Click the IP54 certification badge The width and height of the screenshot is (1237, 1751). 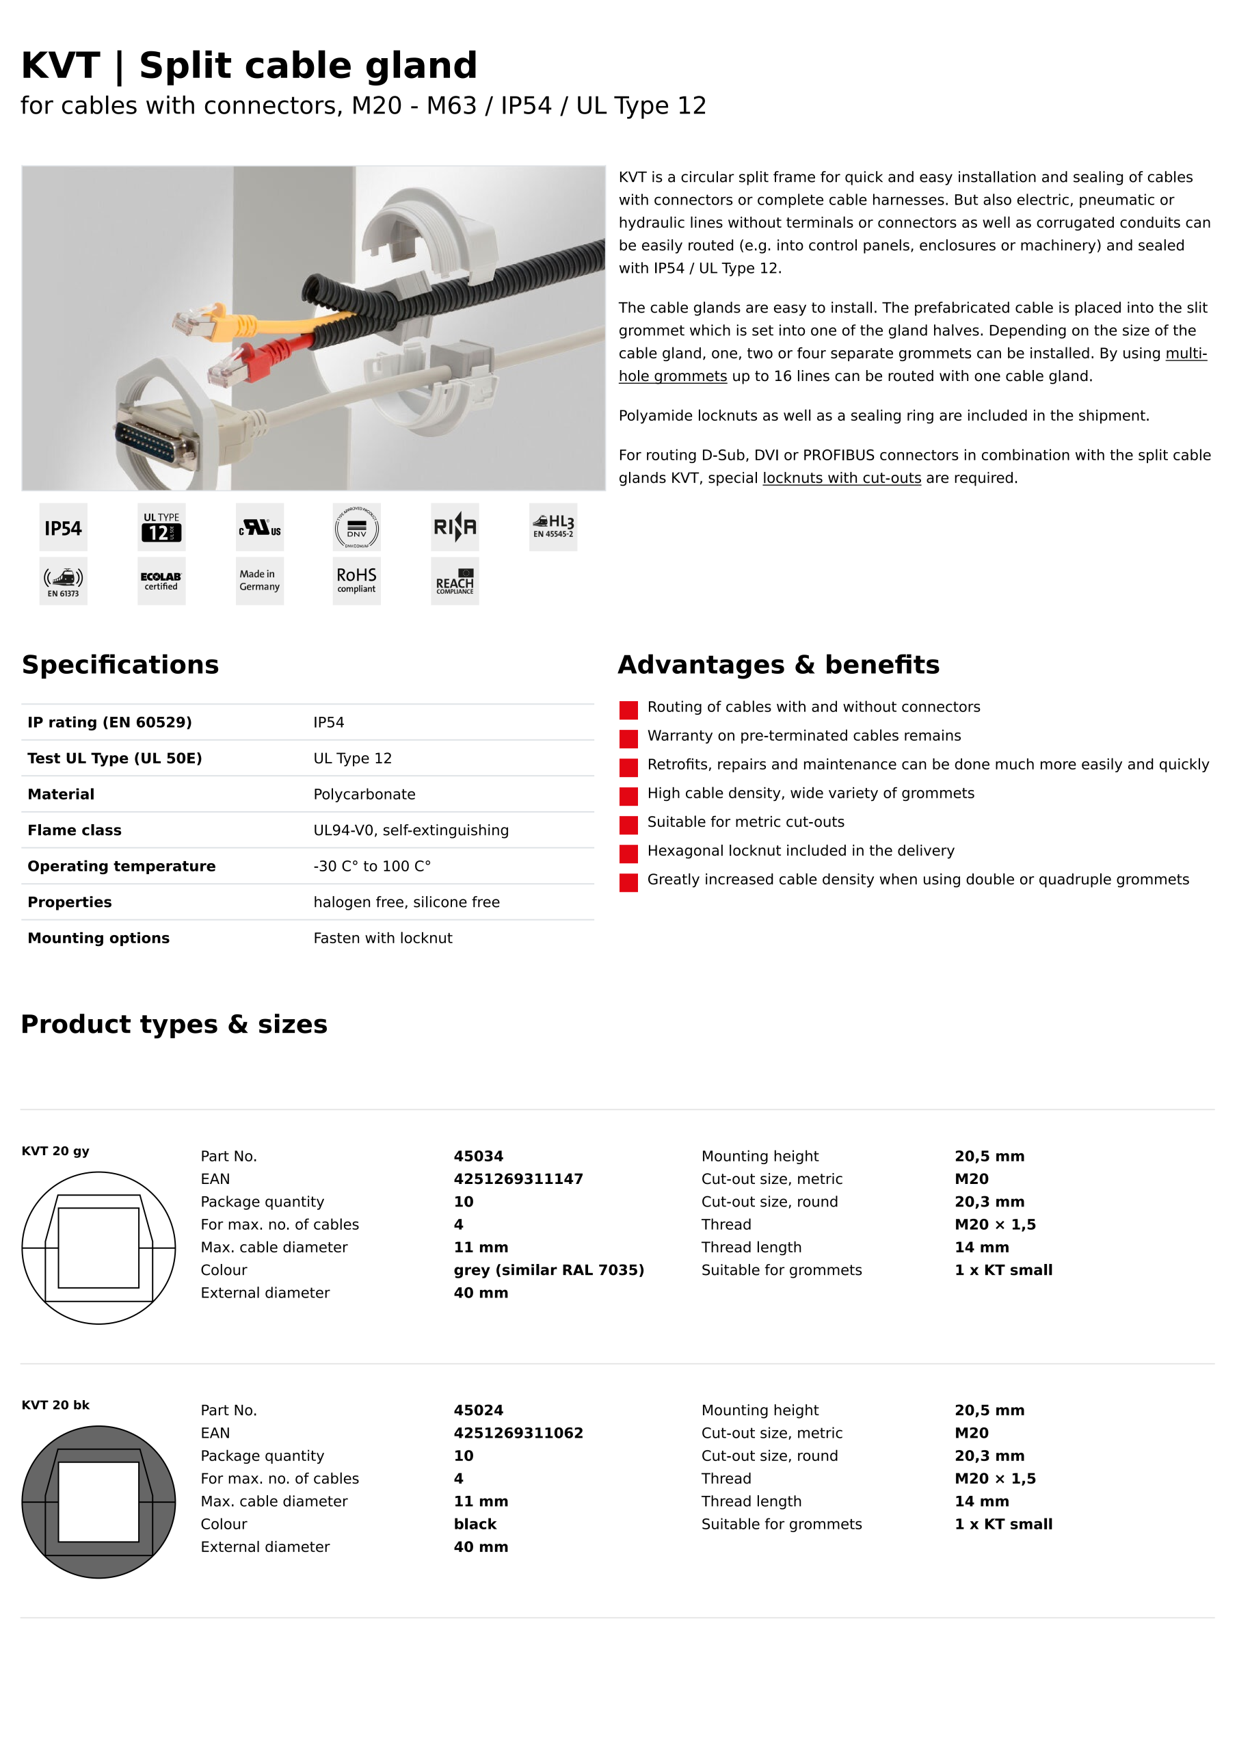point(64,528)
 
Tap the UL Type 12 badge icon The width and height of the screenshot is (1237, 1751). point(161,528)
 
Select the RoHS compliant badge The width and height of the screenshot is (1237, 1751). point(357,581)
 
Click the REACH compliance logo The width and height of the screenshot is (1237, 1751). point(455,581)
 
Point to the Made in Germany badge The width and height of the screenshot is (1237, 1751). point(259,581)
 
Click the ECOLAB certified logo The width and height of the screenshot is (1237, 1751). point(161,581)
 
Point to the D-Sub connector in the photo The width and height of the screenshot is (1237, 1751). point(157,443)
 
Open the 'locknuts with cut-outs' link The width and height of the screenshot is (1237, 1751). point(842,478)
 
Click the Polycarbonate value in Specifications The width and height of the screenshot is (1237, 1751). point(364,795)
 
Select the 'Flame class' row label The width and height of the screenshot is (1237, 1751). point(75,830)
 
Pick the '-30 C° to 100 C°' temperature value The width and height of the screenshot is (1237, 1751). point(372,867)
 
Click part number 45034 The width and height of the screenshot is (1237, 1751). point(478,1156)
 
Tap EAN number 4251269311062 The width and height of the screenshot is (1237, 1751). point(518,1433)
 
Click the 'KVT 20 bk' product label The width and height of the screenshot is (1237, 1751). point(55,1405)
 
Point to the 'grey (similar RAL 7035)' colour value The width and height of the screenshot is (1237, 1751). point(549,1269)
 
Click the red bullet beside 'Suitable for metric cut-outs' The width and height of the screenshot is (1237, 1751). point(628,825)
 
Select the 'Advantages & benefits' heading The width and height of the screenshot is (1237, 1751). point(779,665)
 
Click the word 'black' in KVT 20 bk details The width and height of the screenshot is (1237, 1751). point(475,1524)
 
